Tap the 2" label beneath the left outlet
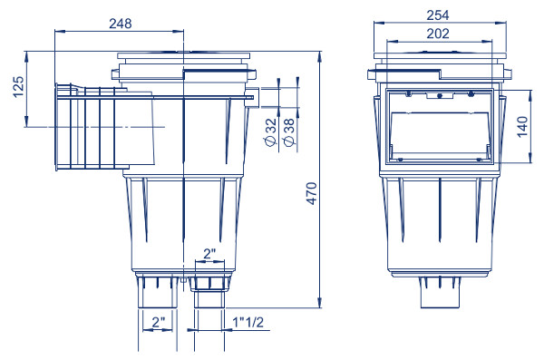click(x=158, y=321)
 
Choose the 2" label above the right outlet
click(x=209, y=255)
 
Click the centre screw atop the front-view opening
click(x=439, y=95)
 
